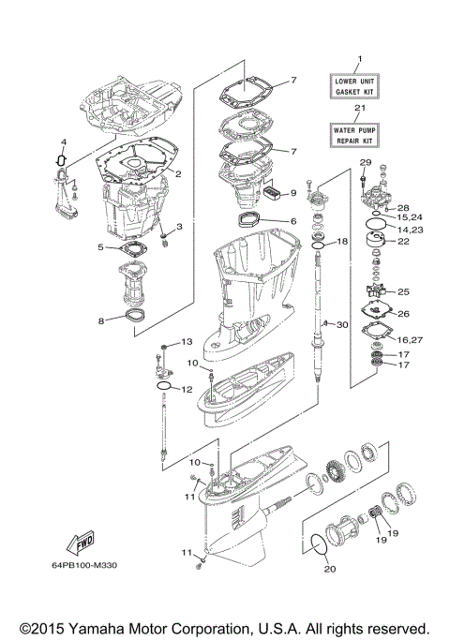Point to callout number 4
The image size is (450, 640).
tap(64, 143)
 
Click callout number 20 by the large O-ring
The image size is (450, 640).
tap(328, 568)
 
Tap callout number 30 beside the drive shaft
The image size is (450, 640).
tap(343, 324)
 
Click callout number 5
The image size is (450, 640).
tap(101, 247)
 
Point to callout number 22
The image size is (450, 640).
tap(404, 241)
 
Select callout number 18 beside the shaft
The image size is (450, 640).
tap(342, 242)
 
